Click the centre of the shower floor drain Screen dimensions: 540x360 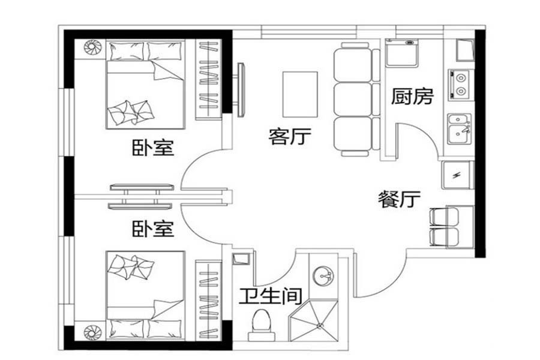(x=320, y=325)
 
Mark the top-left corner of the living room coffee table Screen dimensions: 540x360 (x=283, y=72)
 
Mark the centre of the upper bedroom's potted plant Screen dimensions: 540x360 (x=93, y=47)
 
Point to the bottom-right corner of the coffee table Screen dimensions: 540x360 (x=317, y=117)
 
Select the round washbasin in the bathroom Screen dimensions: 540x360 (x=324, y=275)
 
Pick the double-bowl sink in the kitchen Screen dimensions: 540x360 (x=460, y=129)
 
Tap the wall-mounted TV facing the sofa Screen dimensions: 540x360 (x=241, y=89)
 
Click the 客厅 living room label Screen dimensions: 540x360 (x=290, y=136)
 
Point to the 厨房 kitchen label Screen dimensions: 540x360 (x=412, y=97)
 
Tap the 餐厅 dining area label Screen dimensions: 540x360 (x=399, y=199)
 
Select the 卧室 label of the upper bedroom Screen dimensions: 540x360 (x=153, y=148)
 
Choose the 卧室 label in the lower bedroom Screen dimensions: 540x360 (x=153, y=229)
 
